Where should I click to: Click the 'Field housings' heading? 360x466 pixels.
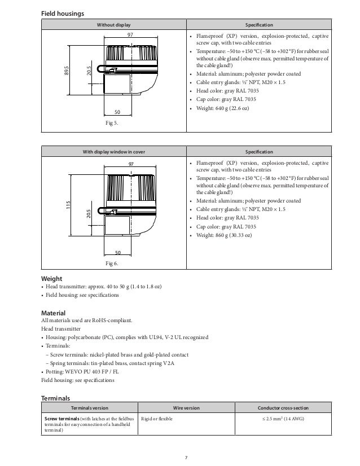coord(63,13)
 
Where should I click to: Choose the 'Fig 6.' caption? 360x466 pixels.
coord(113,263)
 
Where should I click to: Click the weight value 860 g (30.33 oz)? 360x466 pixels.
coord(231,235)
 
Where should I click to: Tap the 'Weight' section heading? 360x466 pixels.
coord(52,279)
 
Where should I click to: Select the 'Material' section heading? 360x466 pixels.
coord(54,313)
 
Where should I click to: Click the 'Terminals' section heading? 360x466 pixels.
coord(57,398)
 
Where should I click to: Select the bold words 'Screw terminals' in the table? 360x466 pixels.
coord(63,419)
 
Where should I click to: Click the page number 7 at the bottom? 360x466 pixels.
coord(180,456)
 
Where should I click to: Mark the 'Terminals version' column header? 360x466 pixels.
coord(90,407)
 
